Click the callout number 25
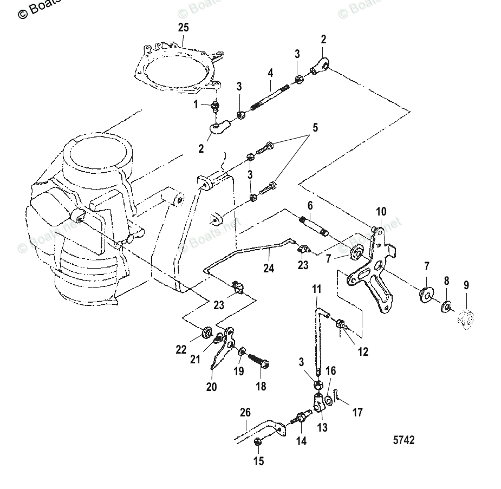tap(183, 27)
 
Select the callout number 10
tap(381, 211)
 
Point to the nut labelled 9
tap(466, 319)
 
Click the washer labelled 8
tap(447, 306)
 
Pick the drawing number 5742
tap(404, 440)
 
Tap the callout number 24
tap(269, 268)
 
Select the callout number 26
tap(245, 413)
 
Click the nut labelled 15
tap(258, 444)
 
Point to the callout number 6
tap(310, 206)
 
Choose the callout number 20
tap(211, 387)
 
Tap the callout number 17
tap(357, 413)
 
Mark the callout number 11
tap(317, 289)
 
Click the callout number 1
tap(196, 105)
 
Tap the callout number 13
tap(322, 428)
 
